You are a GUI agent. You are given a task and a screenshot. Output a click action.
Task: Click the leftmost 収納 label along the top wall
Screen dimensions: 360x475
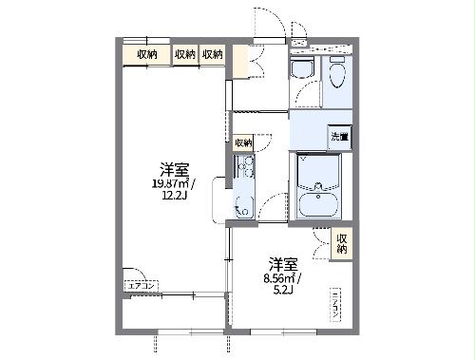(x=146, y=55)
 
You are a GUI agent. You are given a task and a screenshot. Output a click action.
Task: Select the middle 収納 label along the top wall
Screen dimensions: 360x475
(x=185, y=55)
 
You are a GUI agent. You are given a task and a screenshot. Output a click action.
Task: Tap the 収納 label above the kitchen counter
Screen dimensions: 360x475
(x=244, y=142)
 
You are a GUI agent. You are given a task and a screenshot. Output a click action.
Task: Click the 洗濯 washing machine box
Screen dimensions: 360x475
(x=339, y=136)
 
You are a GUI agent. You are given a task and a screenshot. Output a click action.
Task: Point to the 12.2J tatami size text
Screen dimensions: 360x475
(x=173, y=198)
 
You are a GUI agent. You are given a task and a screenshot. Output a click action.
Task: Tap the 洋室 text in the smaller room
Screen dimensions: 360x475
(x=281, y=263)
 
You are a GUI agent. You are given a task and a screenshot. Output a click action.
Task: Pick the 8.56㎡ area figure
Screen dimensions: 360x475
(x=282, y=278)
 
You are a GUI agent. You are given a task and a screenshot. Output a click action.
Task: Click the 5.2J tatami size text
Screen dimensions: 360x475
(x=282, y=292)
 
